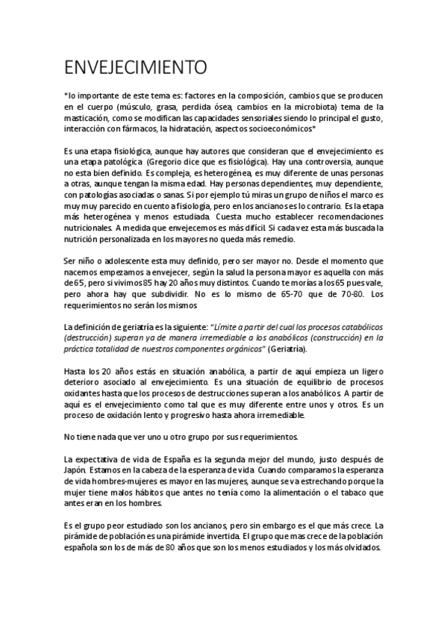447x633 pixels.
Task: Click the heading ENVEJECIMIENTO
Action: [x=134, y=69]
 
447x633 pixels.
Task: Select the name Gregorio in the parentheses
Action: [x=166, y=161]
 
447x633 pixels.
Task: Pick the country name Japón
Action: [x=79, y=470]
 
